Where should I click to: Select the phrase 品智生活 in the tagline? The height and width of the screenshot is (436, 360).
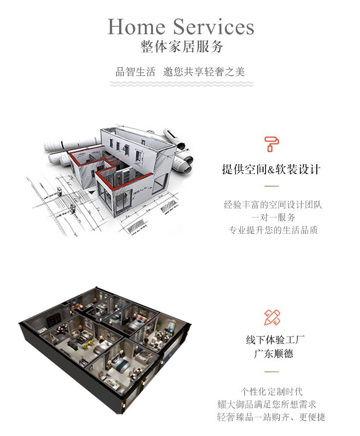(135, 72)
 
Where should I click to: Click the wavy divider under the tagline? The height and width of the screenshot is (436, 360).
(181, 84)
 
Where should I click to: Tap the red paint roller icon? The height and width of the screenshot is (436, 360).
(271, 144)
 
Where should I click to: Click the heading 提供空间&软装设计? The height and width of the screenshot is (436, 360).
(271, 169)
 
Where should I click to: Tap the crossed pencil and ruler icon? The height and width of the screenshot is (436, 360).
(272, 317)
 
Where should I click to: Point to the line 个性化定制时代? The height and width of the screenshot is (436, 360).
(272, 392)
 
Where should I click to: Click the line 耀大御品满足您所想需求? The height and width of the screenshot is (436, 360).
(266, 404)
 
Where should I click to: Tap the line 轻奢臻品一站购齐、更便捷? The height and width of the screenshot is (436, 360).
(271, 417)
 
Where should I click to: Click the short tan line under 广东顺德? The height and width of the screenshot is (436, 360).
(272, 372)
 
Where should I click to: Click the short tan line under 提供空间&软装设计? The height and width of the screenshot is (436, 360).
(272, 186)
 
